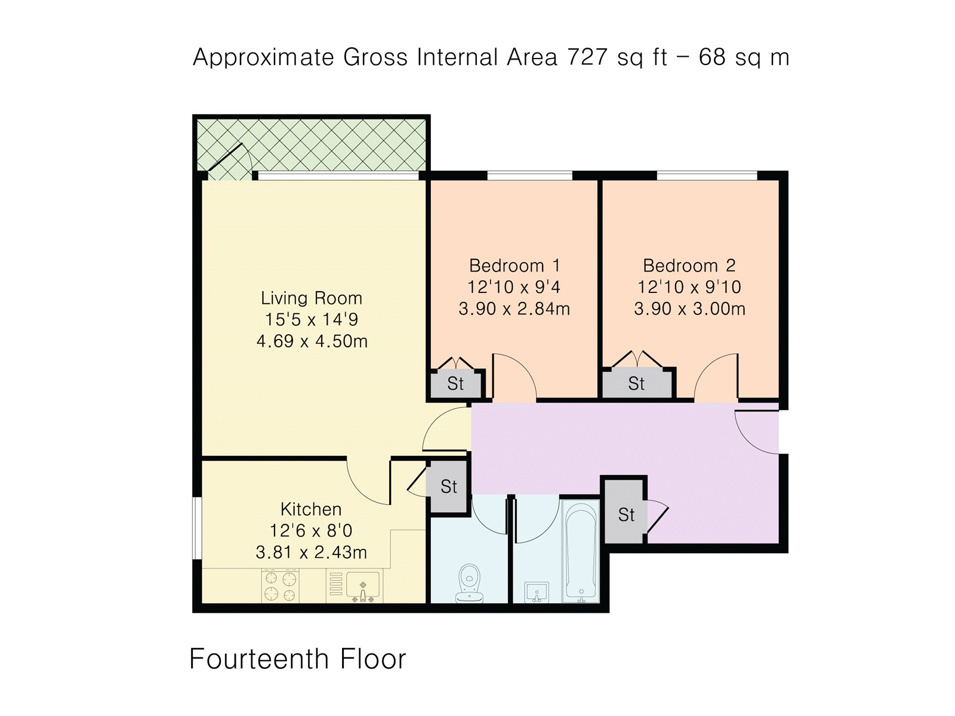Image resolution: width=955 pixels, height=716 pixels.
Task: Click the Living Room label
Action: click(x=312, y=298)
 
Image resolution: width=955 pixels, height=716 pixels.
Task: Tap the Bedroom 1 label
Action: click(x=515, y=266)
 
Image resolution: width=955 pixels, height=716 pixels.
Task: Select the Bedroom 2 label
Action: click(x=689, y=266)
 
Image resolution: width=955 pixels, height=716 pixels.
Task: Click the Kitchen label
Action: click(x=311, y=509)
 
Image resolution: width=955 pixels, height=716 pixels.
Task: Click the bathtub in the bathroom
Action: click(x=581, y=551)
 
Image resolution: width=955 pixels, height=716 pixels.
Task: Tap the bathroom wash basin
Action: click(x=537, y=592)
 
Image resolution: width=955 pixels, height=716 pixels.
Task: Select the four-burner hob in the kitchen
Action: click(x=280, y=585)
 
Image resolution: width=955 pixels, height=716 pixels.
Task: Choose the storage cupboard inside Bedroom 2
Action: click(x=637, y=382)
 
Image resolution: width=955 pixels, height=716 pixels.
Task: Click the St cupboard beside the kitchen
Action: click(x=448, y=486)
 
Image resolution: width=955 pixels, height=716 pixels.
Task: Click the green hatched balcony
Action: click(x=312, y=145)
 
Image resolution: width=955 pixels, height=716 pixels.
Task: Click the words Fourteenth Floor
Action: click(x=298, y=659)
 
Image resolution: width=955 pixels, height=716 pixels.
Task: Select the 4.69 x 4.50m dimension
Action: click(x=312, y=341)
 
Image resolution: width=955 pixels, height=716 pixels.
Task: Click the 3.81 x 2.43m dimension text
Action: click(x=311, y=552)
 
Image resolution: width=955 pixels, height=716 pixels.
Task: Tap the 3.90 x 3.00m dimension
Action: click(x=689, y=308)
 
